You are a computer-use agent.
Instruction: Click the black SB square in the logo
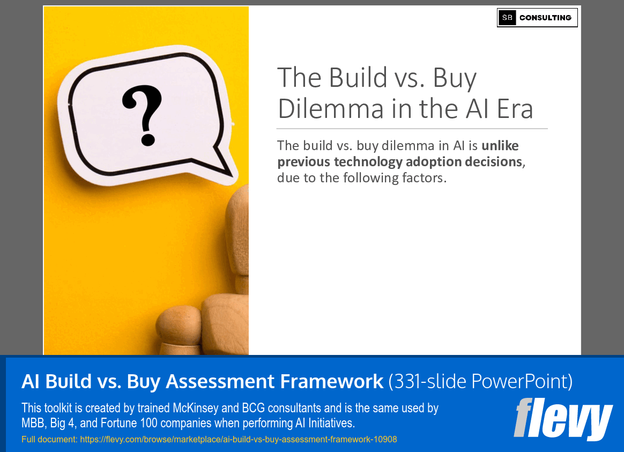pos(507,18)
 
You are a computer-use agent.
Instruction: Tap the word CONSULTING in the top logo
pos(545,18)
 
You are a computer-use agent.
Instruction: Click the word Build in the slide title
pos(358,78)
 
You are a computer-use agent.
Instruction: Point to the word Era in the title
pos(514,109)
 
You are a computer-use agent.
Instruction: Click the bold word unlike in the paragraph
pos(500,146)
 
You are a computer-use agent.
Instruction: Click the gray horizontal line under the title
pos(412,129)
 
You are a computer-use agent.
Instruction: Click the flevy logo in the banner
pos(563,419)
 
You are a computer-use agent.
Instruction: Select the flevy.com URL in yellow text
pos(238,440)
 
